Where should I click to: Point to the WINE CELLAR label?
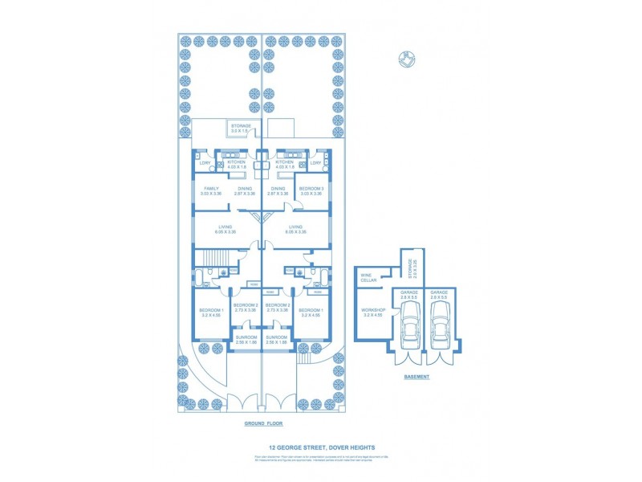pyautogui.click(x=367, y=278)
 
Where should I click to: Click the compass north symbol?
pyautogui.click(x=407, y=59)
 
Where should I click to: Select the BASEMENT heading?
pyautogui.click(x=416, y=376)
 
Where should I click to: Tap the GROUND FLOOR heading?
pyautogui.click(x=264, y=423)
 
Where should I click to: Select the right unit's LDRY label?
pyautogui.click(x=315, y=163)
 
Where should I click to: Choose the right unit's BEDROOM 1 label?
pyautogui.click(x=311, y=312)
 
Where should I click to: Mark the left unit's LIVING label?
pyautogui.click(x=225, y=229)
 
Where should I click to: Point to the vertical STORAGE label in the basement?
pyautogui.click(x=409, y=267)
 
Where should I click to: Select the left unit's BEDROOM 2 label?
pyautogui.click(x=245, y=308)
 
